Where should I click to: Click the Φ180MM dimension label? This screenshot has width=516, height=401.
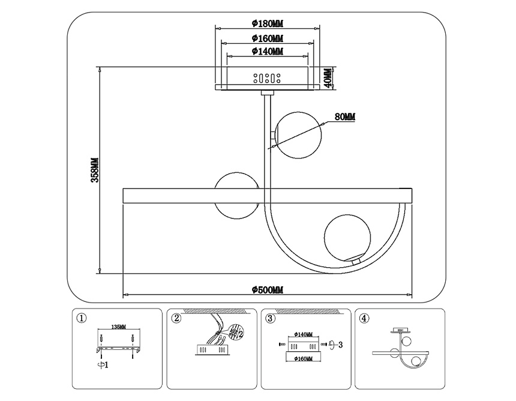pyautogui.click(x=267, y=23)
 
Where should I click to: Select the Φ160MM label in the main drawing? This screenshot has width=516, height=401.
pyautogui.click(x=267, y=38)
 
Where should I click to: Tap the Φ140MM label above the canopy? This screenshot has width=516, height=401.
pyautogui.click(x=267, y=52)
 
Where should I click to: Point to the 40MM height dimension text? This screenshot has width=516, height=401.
pyautogui.click(x=328, y=77)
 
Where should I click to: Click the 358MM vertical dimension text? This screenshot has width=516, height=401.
pyautogui.click(x=94, y=170)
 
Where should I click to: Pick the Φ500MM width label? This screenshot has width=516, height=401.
pyautogui.click(x=267, y=290)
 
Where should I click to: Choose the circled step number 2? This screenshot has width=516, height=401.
pyautogui.click(x=176, y=318)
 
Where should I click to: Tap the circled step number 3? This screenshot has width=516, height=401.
pyautogui.click(x=271, y=318)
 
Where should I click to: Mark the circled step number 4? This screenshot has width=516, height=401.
pyautogui.click(x=365, y=318)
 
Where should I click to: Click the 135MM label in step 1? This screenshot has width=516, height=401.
pyautogui.click(x=119, y=327)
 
